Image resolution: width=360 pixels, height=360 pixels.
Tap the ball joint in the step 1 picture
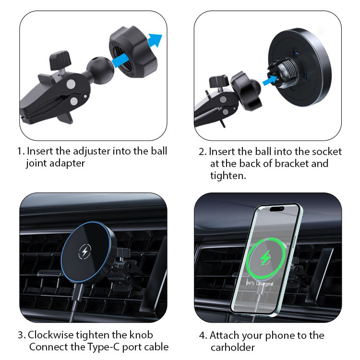pyautogui.click(x=100, y=69)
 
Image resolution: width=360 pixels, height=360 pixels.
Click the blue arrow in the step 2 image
pyautogui.click(x=270, y=80)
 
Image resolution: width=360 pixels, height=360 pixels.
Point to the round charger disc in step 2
pyautogui.click(x=300, y=68)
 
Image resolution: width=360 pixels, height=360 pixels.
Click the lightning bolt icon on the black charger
pyautogui.click(x=84, y=252)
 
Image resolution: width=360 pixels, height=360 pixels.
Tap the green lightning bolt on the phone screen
pyautogui.click(x=265, y=258)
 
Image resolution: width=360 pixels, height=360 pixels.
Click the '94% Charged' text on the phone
pyautogui.click(x=259, y=283)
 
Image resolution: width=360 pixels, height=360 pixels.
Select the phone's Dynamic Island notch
pyautogui.click(x=277, y=209)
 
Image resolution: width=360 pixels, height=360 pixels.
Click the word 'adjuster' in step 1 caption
pyautogui.click(x=92, y=151)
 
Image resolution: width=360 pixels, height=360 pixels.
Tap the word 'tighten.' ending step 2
pyautogui.click(x=228, y=176)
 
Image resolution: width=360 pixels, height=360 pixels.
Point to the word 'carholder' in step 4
pyautogui.click(x=233, y=348)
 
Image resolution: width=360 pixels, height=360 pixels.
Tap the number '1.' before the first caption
pyautogui.click(x=21, y=152)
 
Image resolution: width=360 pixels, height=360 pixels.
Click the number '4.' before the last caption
pyautogui.click(x=203, y=336)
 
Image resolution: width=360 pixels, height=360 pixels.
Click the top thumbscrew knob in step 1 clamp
pyautogui.click(x=60, y=60)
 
